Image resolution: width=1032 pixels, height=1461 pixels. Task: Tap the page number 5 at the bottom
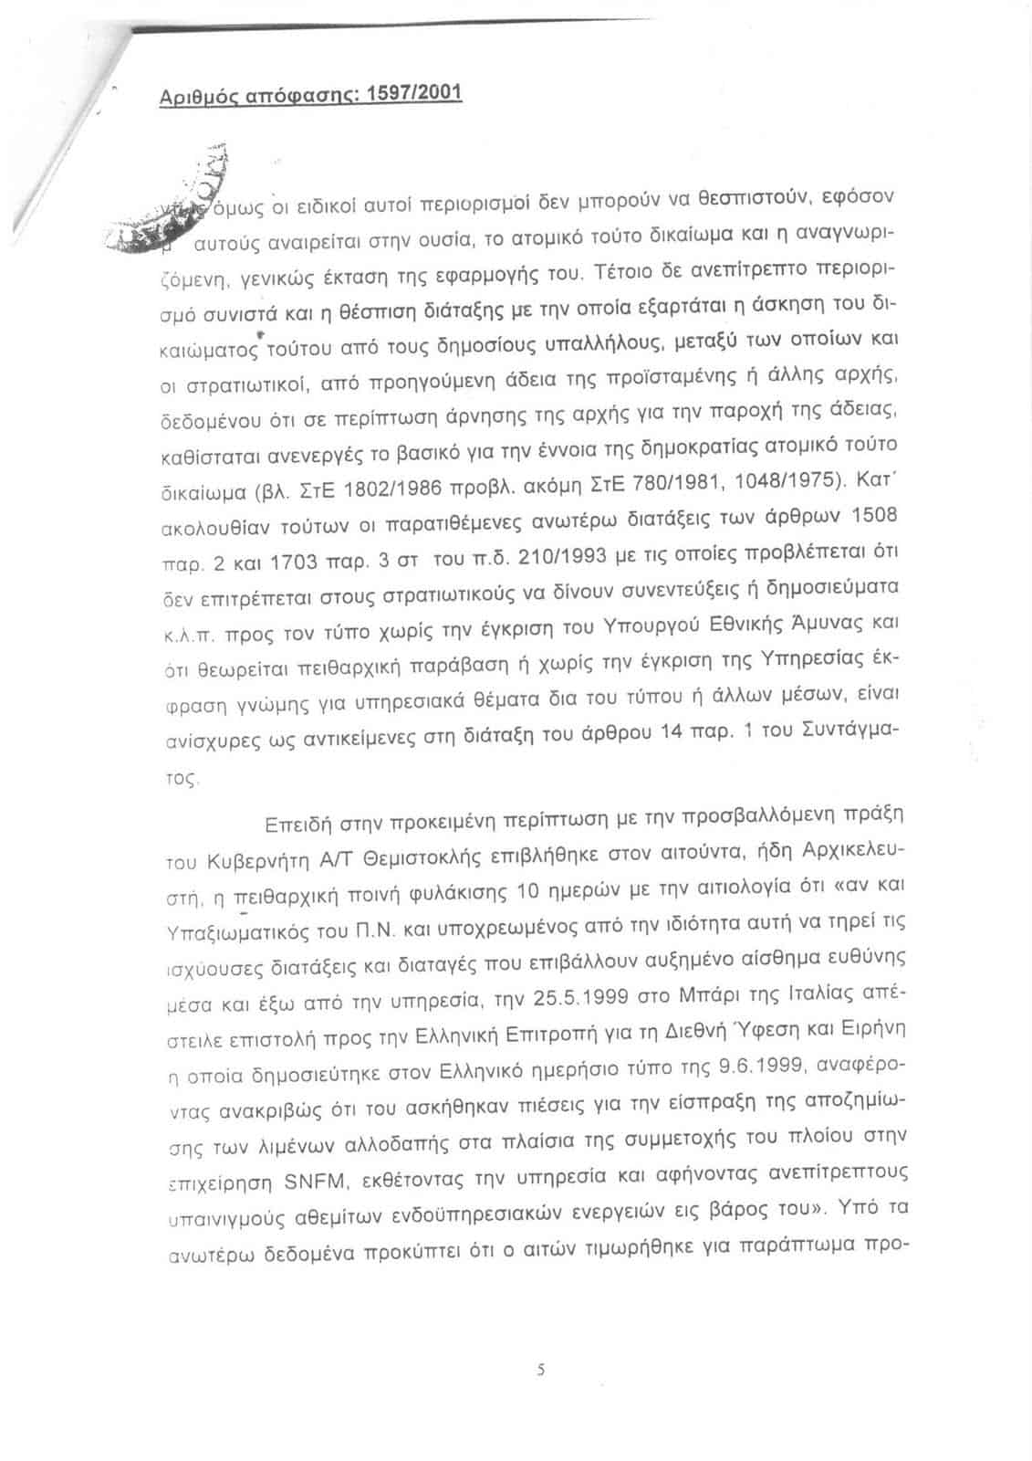click(540, 1369)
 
